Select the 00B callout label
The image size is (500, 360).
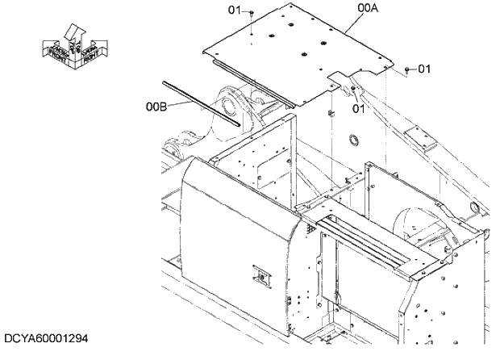[x=156, y=106]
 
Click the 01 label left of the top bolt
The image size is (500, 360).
[x=235, y=10]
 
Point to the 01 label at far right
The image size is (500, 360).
[x=424, y=69]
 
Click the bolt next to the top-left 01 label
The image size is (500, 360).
[x=252, y=13]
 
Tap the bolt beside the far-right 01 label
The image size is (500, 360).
[x=408, y=69]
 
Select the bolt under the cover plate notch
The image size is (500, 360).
[x=353, y=89]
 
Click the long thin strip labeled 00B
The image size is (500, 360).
[x=202, y=103]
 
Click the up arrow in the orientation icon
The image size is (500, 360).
[x=73, y=32]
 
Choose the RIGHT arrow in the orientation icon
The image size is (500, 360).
[x=90, y=51]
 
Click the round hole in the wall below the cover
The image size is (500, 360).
[x=353, y=141]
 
